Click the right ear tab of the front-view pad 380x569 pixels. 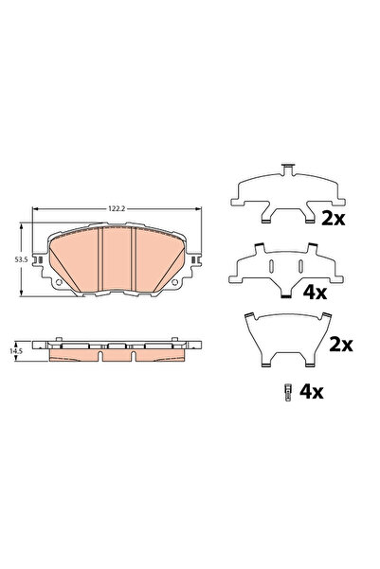[x=197, y=258]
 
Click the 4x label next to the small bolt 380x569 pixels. [x=313, y=389]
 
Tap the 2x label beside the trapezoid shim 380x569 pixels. [x=339, y=344]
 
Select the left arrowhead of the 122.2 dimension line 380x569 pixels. [x=36, y=210]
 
